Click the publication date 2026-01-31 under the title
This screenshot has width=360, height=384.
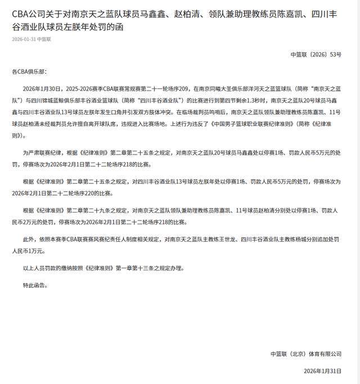[24, 39]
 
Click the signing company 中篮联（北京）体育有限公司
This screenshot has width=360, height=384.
[305, 354]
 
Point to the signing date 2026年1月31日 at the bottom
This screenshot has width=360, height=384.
[322, 371]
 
